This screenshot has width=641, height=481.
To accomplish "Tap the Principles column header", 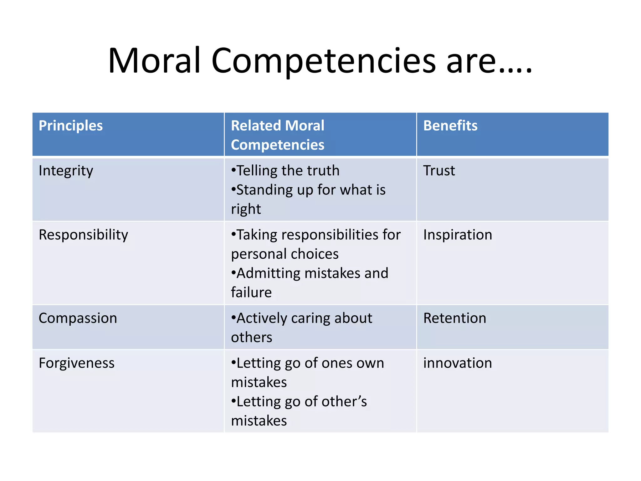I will [x=71, y=126].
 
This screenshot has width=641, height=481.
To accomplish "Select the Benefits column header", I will [x=450, y=126].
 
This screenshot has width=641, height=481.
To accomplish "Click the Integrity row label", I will [x=66, y=171].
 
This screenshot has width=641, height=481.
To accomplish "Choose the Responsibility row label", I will [x=83, y=235].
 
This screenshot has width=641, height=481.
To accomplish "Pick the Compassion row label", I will [x=78, y=318].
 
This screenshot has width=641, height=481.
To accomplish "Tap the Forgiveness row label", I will [x=76, y=363].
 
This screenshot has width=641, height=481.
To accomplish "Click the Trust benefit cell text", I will [x=439, y=171].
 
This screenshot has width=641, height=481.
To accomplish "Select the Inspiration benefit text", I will [x=458, y=235].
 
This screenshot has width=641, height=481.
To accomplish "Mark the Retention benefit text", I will [x=454, y=318].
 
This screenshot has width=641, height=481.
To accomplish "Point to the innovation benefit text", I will [x=458, y=363].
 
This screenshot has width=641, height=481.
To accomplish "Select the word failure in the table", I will [x=251, y=292].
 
